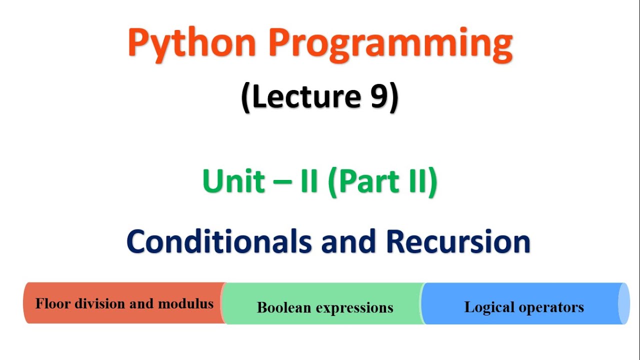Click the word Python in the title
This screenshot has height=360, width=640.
pyautogui.click(x=192, y=44)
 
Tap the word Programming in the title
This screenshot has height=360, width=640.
pyautogui.click(x=390, y=44)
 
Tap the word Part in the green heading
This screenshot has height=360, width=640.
pyautogui.click(x=364, y=181)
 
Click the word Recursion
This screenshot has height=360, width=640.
pyautogui.click(x=457, y=241)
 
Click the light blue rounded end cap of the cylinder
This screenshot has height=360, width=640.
pyautogui.click(x=623, y=303)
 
